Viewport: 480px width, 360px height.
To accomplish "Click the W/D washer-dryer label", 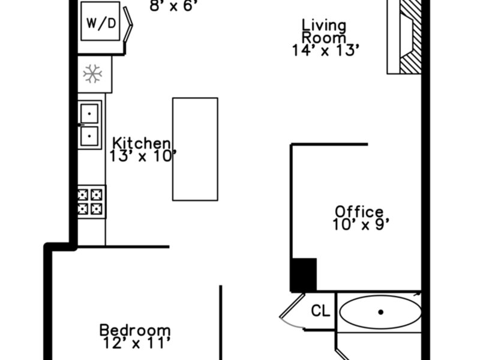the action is coord(101,23).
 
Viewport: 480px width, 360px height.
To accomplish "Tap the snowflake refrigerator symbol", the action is coord(92,74).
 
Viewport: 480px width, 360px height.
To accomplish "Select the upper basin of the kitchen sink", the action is coord(89,113).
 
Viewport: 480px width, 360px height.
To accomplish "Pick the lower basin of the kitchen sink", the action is coord(89,136).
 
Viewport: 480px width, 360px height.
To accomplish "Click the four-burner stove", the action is coord(92,202).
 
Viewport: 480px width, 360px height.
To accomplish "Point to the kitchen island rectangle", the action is coord(196,149).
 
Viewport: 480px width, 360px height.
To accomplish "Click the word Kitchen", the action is coord(141,143).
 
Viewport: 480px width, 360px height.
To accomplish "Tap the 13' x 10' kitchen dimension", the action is coord(143,156).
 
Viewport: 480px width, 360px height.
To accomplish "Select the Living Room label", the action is coord(324,32).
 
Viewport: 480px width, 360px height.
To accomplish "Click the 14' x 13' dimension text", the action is coord(325,50).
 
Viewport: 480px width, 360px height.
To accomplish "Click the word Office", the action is coord(359,212).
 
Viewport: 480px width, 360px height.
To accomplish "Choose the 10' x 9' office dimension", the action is coord(361,224).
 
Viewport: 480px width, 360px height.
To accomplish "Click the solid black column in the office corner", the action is coord(304,275).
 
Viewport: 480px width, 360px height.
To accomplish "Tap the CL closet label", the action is coord(320,311).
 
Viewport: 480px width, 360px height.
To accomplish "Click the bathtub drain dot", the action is coord(381,312).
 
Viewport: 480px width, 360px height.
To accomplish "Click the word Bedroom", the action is coord(135,331).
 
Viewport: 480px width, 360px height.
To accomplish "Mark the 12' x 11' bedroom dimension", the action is coord(136,343).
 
